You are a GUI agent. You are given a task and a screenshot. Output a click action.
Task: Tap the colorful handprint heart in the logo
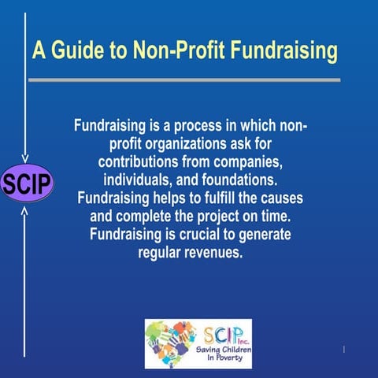(171, 343)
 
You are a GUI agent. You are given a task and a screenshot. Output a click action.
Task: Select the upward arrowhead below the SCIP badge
(25, 210)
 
